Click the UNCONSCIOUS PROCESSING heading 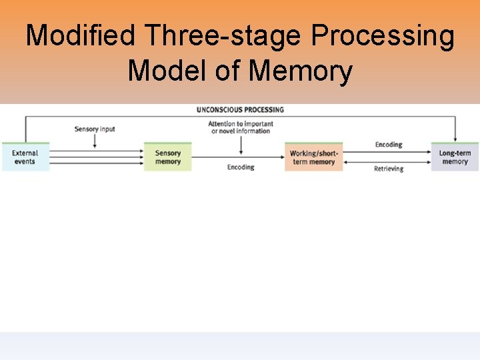tap(240, 109)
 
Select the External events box tap(25, 157)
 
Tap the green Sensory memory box tap(168, 157)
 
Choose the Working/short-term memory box tap(313, 157)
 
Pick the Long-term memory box tap(455, 157)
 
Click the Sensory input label tap(95, 129)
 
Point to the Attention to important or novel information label tap(240, 127)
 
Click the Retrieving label tap(388, 169)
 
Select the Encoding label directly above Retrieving tap(388, 144)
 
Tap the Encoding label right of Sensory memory tap(241, 167)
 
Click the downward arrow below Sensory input tap(95, 141)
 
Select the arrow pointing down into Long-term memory tap(455, 130)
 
